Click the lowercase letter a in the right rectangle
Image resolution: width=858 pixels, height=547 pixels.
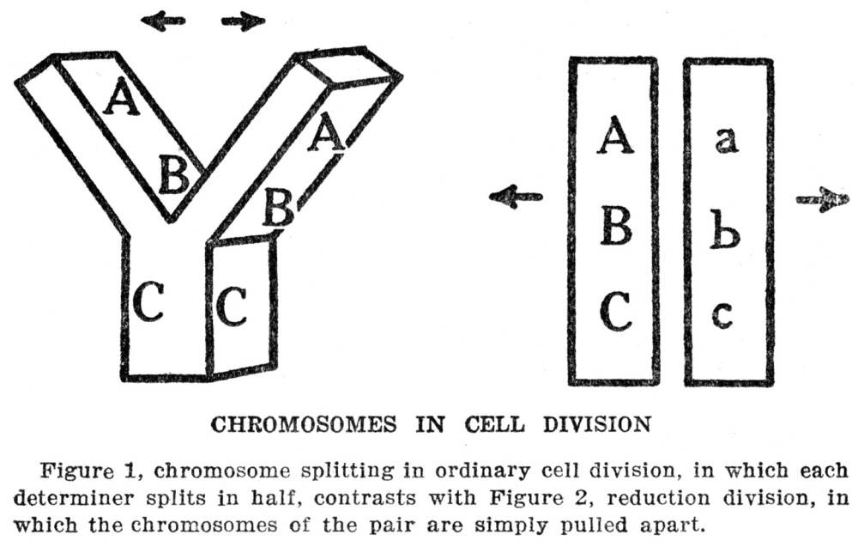point(726,140)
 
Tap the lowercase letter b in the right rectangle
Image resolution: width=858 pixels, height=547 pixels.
point(725,233)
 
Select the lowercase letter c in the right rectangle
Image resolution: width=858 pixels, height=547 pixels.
point(722,314)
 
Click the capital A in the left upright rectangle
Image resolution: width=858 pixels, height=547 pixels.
point(615,135)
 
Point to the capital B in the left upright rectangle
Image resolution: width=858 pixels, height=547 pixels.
point(616,226)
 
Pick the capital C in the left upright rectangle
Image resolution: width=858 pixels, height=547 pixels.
point(616,312)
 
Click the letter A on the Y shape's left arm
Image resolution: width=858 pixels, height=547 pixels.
point(122,96)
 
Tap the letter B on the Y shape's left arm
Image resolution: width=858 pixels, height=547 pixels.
point(173,174)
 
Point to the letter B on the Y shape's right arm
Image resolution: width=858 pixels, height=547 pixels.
point(278,207)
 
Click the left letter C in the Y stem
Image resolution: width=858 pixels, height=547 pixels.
point(148,301)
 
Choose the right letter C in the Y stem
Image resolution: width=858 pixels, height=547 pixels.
point(231,306)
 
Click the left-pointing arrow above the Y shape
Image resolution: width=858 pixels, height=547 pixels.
point(163,21)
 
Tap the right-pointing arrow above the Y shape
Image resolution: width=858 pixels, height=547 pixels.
point(243,21)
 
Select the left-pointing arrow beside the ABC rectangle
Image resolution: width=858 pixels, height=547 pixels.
point(515,197)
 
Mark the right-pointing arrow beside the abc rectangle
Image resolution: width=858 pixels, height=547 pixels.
point(823,199)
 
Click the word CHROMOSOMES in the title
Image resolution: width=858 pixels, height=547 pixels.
point(304,425)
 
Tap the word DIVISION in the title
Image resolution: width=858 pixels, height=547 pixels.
point(597,425)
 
